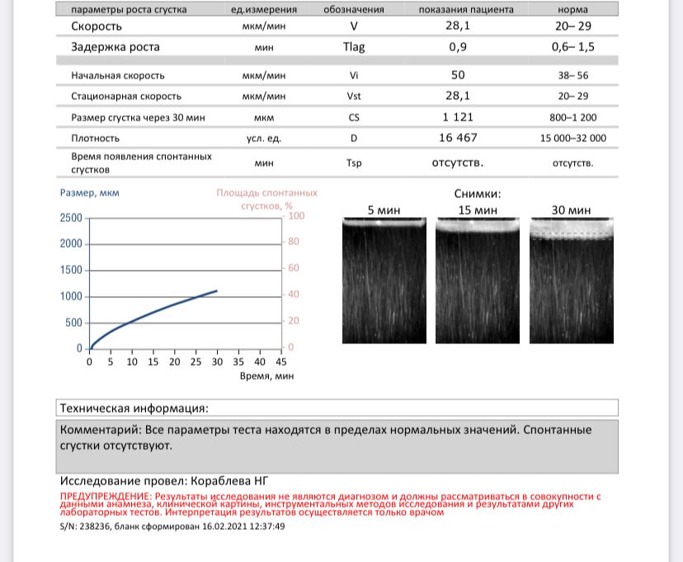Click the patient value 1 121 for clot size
[x=458, y=117]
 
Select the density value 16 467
[x=458, y=138]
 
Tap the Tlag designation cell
[x=354, y=47]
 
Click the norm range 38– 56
[x=572, y=75]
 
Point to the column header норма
[x=572, y=10]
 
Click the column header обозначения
[x=354, y=10]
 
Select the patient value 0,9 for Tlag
[x=458, y=47]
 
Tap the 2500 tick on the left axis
[x=71, y=218]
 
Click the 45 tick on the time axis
[x=280, y=361]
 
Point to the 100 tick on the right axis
[x=296, y=216]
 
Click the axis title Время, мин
[x=266, y=375]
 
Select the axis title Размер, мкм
[x=90, y=193]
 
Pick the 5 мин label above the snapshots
[x=384, y=210]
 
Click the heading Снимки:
[x=477, y=194]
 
